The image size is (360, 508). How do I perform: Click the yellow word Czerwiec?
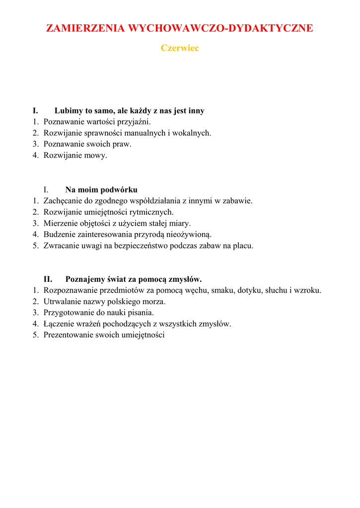click(x=180, y=48)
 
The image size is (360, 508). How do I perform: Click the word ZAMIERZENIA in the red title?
click(x=85, y=28)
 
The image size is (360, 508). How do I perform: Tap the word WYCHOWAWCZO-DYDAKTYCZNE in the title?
click(x=220, y=28)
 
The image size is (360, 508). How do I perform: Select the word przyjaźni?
click(x=134, y=122)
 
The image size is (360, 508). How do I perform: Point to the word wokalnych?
click(x=191, y=133)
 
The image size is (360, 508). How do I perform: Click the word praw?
click(x=123, y=144)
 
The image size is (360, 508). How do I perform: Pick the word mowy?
click(x=97, y=155)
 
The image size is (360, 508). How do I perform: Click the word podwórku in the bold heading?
click(x=120, y=190)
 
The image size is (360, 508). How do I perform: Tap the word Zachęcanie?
click(x=63, y=201)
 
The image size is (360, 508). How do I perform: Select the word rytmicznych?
click(x=151, y=212)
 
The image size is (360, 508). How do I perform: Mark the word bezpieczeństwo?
click(x=141, y=246)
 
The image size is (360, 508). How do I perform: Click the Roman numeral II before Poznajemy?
click(x=48, y=279)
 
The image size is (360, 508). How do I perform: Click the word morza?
click(x=154, y=302)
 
